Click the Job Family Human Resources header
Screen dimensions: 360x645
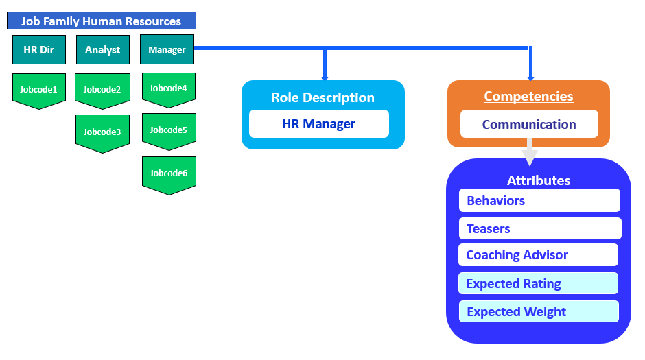[102, 21]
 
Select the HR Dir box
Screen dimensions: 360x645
[39, 49]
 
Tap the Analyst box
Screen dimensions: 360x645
[103, 49]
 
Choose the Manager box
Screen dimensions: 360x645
[167, 49]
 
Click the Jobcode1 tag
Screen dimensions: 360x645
[39, 89]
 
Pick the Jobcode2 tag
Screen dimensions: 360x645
[102, 89]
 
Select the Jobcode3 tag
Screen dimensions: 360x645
[102, 131]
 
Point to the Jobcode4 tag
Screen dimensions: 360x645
[169, 88]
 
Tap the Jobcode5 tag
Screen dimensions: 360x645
[169, 130]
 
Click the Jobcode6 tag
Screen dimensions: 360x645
[169, 173]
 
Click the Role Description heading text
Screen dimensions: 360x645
[322, 97]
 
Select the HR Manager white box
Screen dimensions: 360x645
[319, 124]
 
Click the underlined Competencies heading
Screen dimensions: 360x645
[528, 96]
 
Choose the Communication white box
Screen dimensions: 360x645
[529, 124]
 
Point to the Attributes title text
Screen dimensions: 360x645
[539, 180]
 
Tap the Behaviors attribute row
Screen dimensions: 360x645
[539, 200]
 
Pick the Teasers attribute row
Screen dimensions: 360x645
[539, 228]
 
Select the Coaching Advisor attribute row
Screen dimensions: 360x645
[539, 254]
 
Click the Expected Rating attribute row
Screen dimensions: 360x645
[539, 283]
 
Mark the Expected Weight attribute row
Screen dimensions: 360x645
[539, 311]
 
